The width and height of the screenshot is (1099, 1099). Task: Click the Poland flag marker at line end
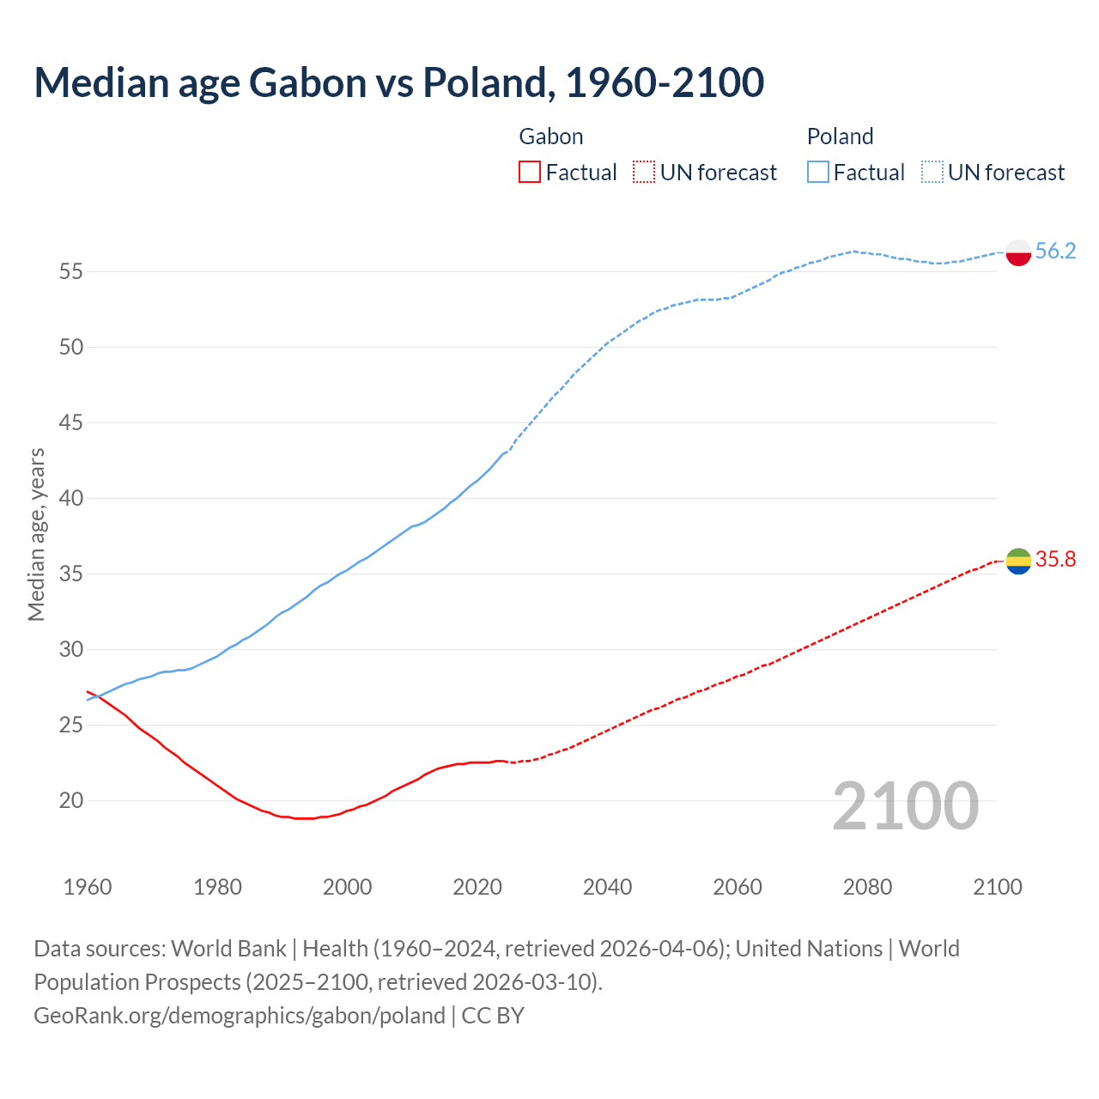point(1018,252)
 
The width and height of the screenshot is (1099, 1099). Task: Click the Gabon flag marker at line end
point(1018,561)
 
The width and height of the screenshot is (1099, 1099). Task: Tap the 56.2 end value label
point(1055,251)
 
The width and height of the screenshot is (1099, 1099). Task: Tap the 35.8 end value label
point(1055,559)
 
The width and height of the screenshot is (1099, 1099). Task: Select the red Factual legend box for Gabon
point(530,173)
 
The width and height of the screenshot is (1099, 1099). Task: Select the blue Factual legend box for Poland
point(817,173)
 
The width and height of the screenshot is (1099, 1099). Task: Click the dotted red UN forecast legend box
point(644,173)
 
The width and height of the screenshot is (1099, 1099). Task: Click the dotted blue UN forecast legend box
point(932,173)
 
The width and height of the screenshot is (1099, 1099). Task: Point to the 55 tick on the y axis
point(70,271)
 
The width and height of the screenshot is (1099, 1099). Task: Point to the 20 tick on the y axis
point(70,800)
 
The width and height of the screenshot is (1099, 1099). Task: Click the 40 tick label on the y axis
point(70,498)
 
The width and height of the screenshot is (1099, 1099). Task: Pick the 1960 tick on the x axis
point(88,887)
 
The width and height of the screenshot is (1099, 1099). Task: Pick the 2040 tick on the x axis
point(607,887)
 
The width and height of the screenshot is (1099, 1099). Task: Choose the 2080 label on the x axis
point(867,887)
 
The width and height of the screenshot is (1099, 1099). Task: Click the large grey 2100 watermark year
point(905,805)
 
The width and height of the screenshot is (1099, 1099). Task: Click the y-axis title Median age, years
point(36,534)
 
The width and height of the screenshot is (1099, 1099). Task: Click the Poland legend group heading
point(840,137)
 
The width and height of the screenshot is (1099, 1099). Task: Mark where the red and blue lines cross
point(97,695)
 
